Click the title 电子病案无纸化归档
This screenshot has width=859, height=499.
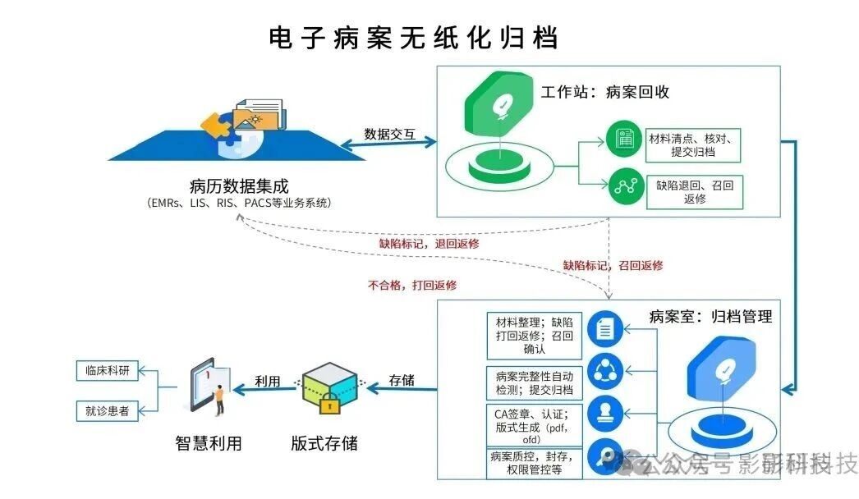click(413, 38)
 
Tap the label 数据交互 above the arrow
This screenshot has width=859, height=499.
click(389, 133)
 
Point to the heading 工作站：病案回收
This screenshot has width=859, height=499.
click(604, 92)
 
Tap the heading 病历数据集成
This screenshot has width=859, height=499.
click(239, 185)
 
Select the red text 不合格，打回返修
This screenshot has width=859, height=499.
click(412, 286)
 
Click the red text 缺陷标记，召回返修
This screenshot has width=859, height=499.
click(613, 265)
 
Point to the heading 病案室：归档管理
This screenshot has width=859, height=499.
click(710, 316)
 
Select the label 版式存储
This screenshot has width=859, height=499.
click(324, 443)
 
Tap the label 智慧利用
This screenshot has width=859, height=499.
click(209, 443)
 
